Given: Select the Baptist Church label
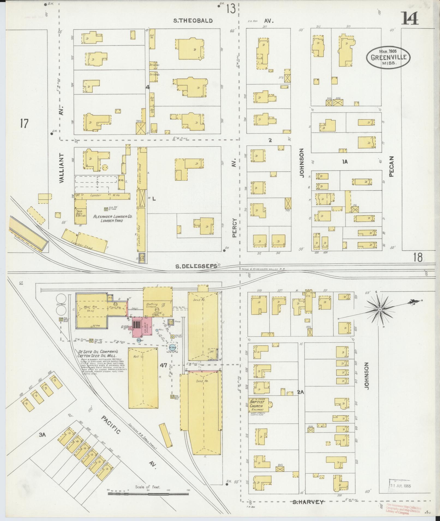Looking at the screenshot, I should [257, 404].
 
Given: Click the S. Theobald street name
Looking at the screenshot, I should [193, 21].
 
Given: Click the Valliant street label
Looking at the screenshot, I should [61, 167].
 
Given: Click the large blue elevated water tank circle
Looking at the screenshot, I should [172, 347].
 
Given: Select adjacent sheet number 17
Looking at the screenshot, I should [24, 124].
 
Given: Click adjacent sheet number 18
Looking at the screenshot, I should [417, 257].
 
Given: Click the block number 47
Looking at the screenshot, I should [164, 365].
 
